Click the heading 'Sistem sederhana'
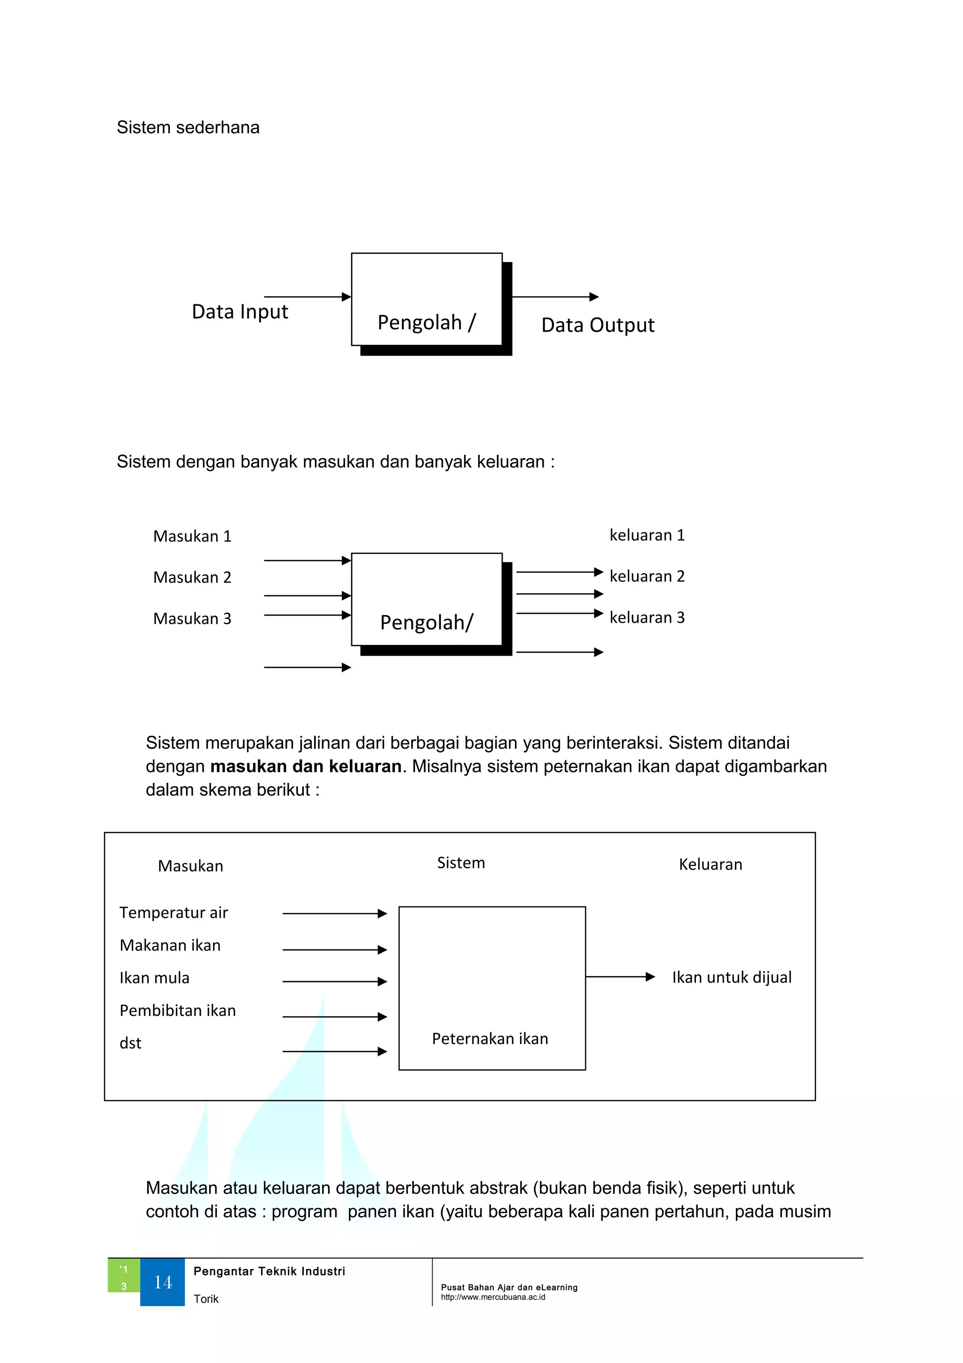tap(188, 127)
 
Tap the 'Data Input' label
tap(240, 312)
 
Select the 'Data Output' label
tap(598, 325)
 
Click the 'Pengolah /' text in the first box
tap(426, 322)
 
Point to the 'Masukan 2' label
tap(192, 578)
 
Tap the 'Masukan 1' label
tap(192, 537)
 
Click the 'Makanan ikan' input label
tap(170, 946)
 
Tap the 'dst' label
tap(131, 1044)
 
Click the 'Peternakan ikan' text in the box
tap(489, 1039)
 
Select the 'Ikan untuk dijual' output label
tap(732, 978)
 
